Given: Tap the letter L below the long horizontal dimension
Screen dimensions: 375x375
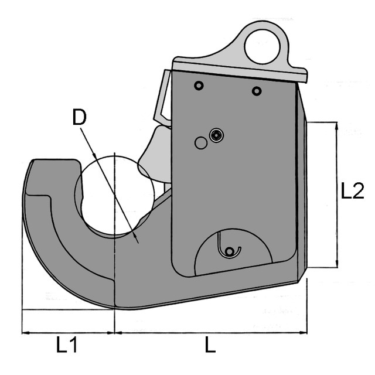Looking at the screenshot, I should tap(210, 345).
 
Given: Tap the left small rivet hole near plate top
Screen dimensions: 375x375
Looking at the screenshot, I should tap(199, 86).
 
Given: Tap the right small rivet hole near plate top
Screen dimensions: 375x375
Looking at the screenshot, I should tap(256, 91).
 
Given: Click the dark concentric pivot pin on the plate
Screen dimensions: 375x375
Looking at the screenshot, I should tap(217, 136).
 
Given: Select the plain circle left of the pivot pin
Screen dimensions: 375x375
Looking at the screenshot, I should tap(201, 142).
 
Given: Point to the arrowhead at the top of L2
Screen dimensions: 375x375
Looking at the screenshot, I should tap(335, 125).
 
